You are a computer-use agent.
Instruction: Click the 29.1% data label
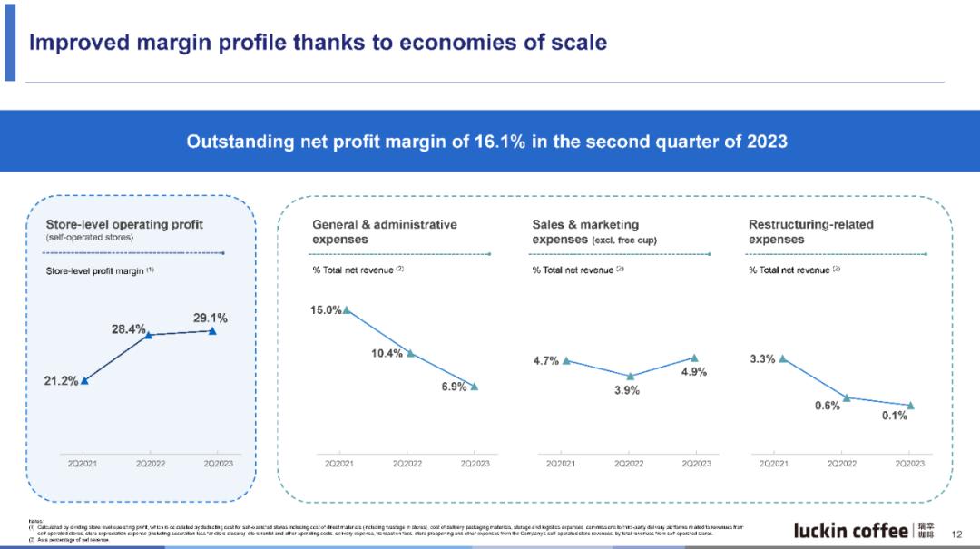point(210,319)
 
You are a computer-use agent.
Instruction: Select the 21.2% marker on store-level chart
point(84,381)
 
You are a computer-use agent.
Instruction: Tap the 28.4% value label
point(128,329)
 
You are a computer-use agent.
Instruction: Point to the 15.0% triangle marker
point(347,310)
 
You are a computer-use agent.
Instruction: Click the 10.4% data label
point(387,353)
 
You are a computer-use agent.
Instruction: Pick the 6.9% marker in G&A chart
point(474,387)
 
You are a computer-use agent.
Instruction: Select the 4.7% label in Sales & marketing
point(545,361)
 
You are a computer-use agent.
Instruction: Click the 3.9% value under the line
point(627,390)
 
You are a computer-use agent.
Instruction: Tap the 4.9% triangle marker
point(694,358)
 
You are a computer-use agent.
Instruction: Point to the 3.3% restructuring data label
point(762,359)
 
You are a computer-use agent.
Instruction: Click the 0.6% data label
point(827,407)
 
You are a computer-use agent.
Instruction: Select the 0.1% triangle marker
point(910,406)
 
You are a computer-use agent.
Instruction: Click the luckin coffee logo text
point(850,530)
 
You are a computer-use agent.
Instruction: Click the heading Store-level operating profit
point(124,224)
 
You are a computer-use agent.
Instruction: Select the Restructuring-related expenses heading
point(810,231)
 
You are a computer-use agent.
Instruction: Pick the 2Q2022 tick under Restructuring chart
point(841,464)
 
